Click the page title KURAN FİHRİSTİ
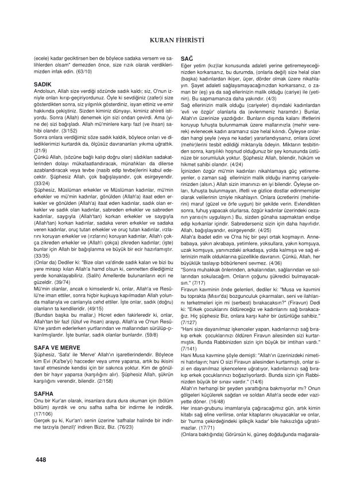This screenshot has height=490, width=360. (180, 39)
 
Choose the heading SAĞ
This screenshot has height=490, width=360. (187, 59)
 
